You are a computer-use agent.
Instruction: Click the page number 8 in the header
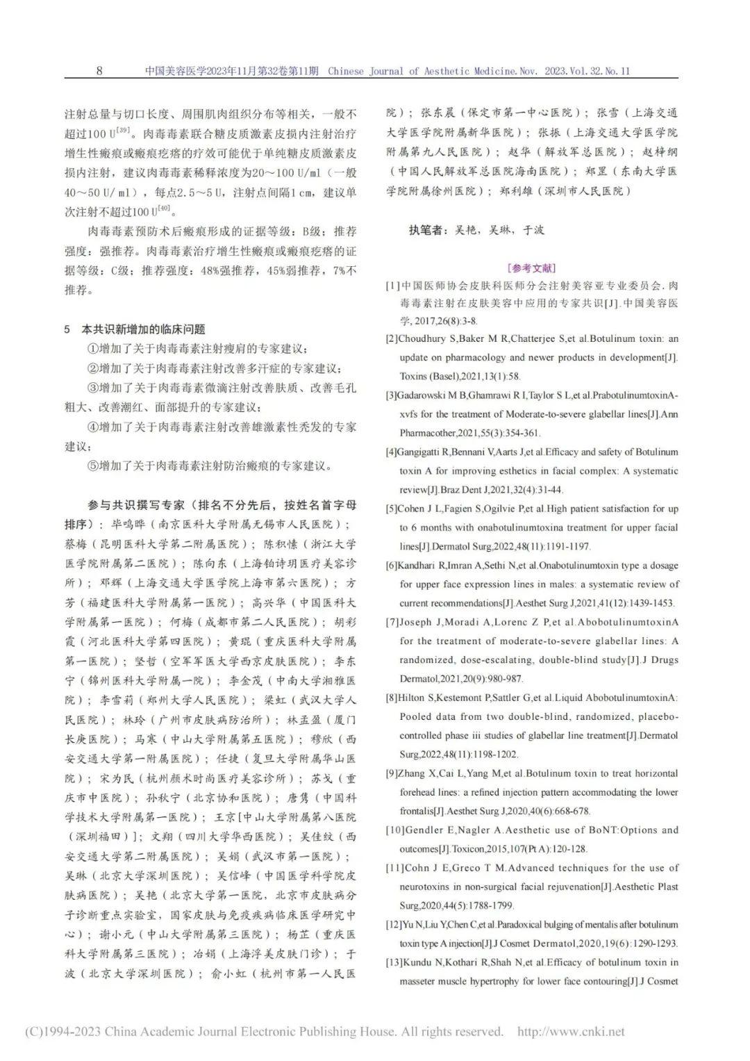(99, 71)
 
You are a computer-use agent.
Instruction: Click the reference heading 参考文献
(532, 268)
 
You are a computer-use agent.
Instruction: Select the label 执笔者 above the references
(427, 231)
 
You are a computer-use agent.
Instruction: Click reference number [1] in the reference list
(393, 286)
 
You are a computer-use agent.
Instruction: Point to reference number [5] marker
(392, 509)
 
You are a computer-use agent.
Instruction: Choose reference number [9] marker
(392, 773)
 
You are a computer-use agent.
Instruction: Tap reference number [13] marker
(394, 962)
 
